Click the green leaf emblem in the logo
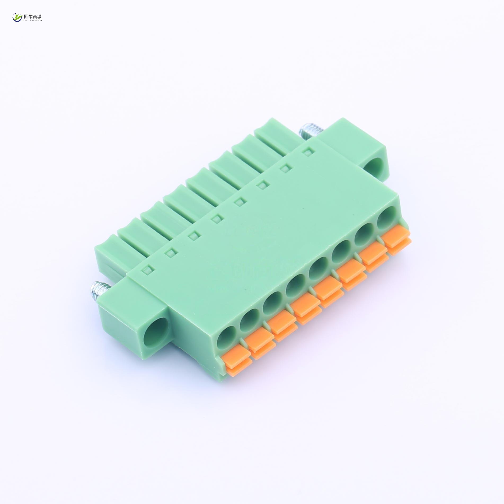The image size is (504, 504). (x=18, y=17)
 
